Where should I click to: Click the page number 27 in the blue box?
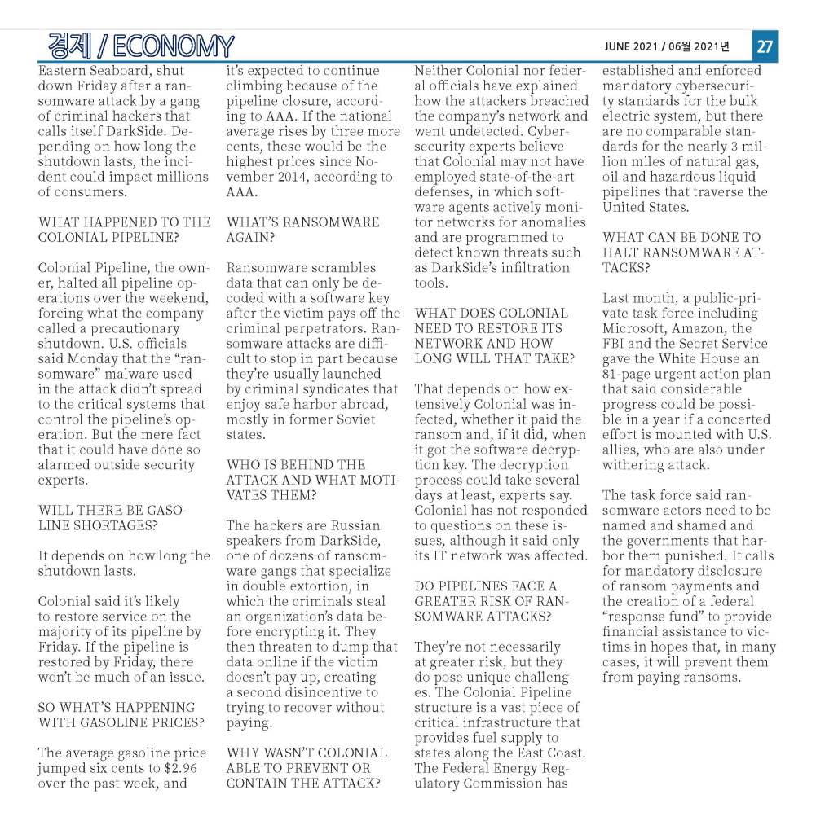coord(765,46)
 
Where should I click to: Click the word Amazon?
coord(696,328)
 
